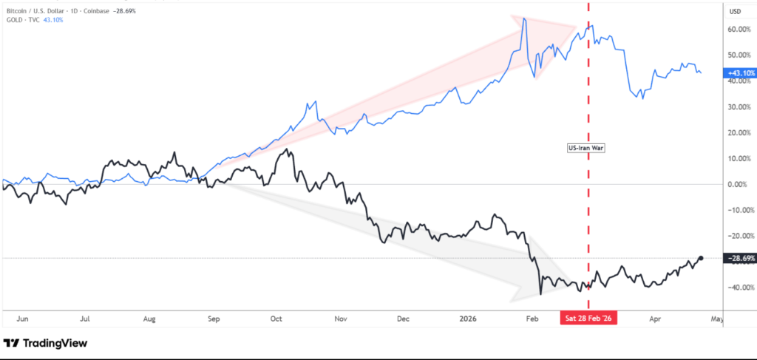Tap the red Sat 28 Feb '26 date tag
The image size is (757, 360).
click(x=588, y=318)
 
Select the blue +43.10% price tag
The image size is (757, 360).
click(x=741, y=73)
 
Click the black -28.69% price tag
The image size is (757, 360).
click(x=741, y=258)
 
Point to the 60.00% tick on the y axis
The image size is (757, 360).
click(x=739, y=30)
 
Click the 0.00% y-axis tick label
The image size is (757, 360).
click(x=741, y=184)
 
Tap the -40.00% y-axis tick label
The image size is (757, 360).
click(x=739, y=287)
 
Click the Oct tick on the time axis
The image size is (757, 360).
click(x=276, y=319)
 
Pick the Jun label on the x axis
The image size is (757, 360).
click(x=22, y=319)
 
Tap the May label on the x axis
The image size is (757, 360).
click(x=716, y=319)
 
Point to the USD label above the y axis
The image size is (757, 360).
click(x=735, y=11)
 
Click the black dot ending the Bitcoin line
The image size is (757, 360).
click(x=701, y=257)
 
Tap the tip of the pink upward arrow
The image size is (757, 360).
click(x=576, y=27)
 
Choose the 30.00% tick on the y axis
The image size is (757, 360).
click(x=739, y=107)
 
